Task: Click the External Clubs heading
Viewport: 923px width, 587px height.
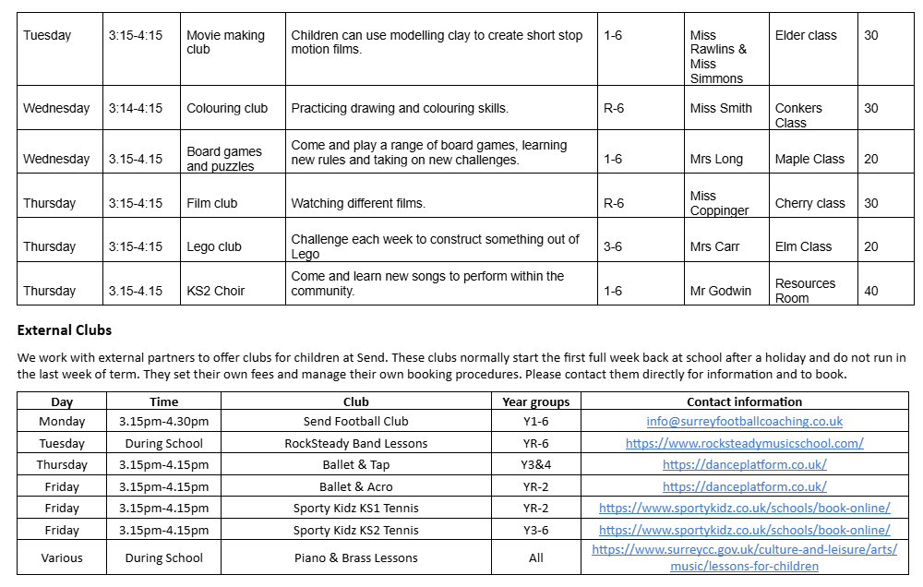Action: pos(64,329)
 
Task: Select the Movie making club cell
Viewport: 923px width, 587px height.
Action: pos(225,42)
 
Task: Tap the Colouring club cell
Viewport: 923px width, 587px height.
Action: pos(227,108)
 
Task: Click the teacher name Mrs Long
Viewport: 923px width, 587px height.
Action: pos(715,159)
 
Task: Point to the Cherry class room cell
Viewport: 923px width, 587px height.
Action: pos(809,203)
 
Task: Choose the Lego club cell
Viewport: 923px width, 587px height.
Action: pos(214,246)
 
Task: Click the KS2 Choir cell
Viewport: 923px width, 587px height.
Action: pos(216,291)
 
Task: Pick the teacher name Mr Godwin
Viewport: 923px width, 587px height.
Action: pos(720,291)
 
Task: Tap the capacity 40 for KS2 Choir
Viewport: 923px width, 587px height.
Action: pos(871,291)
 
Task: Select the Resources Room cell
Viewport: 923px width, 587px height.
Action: pos(805,291)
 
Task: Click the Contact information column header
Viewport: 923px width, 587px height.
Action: pos(744,401)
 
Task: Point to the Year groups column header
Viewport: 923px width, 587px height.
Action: pos(535,401)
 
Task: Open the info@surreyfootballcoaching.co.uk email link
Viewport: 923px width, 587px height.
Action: pos(744,422)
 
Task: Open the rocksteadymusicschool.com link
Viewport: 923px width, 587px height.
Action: pos(744,443)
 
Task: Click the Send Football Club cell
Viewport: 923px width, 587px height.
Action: pos(355,422)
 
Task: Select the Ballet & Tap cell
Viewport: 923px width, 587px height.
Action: pos(355,464)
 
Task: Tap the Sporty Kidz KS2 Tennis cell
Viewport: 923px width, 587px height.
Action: pos(355,530)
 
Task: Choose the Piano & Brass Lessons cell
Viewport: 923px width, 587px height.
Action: pos(355,557)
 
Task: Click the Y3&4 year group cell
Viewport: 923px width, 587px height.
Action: pos(535,464)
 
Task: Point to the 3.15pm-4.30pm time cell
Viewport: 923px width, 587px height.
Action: pos(163,422)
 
